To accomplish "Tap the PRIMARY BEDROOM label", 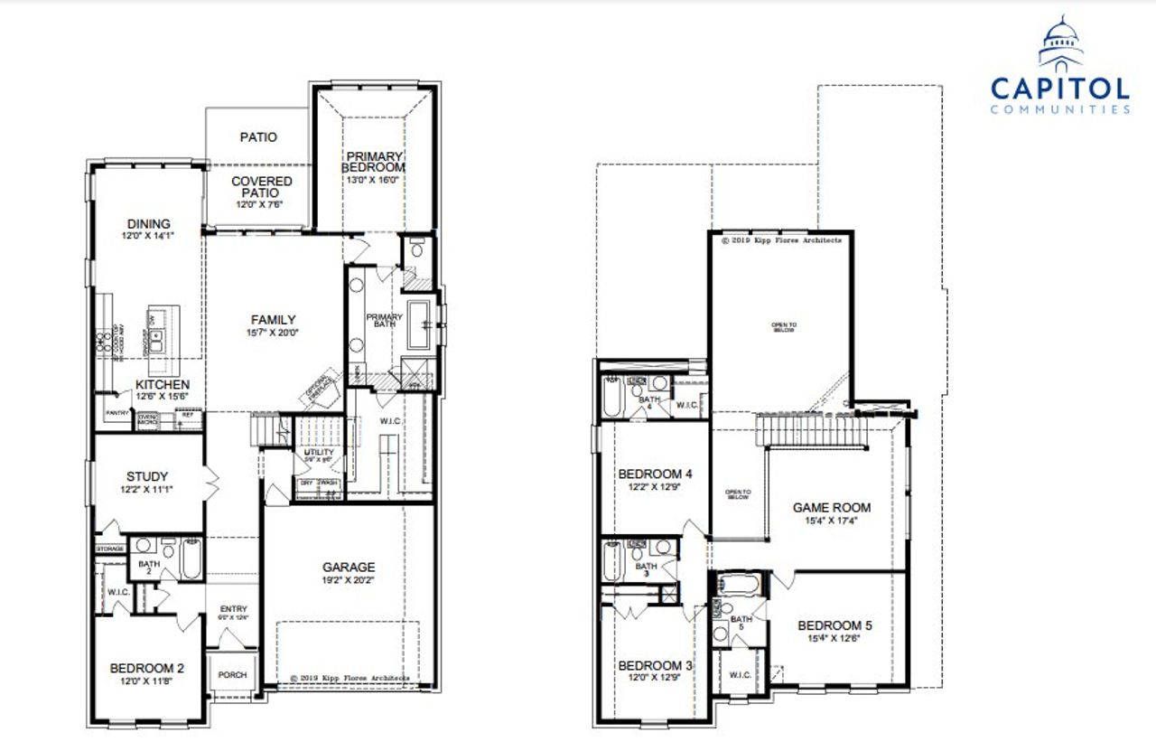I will (372, 162).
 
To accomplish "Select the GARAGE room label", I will (349, 568).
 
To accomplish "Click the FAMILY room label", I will (274, 319).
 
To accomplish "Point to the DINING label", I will (149, 224).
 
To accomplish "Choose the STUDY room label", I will (147, 476).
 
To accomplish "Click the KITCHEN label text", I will (163, 384).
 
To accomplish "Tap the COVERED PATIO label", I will (261, 187).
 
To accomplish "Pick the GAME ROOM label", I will (831, 508).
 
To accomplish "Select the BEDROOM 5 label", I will (835, 625).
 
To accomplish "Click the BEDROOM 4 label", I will (656, 474).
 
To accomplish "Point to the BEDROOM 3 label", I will (656, 666).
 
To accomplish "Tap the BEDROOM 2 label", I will (147, 669).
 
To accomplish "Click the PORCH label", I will (233, 675).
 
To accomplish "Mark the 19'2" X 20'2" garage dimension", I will (349, 581).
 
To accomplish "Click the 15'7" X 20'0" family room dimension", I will (274, 332).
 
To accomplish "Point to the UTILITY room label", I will (319, 452).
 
